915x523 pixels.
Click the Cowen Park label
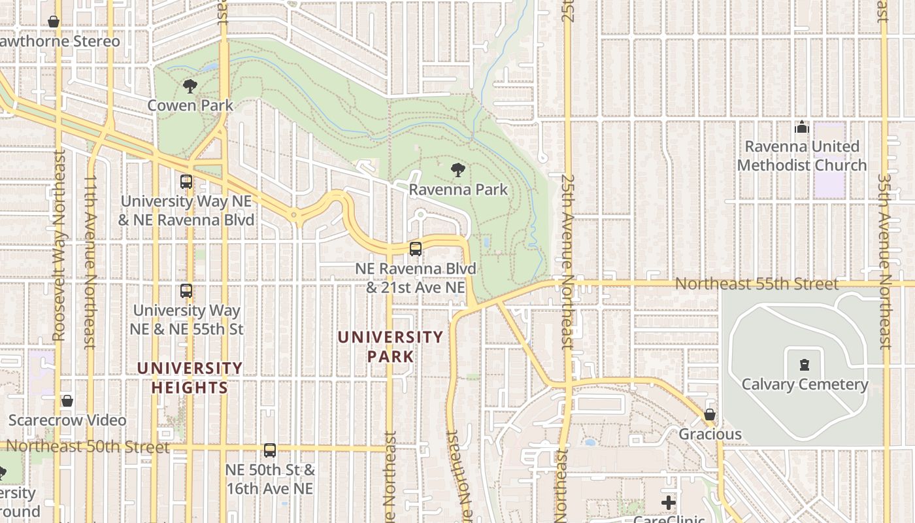point(190,105)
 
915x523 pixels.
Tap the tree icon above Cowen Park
point(190,86)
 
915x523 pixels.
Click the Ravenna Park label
point(458,190)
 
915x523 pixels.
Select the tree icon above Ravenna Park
point(458,170)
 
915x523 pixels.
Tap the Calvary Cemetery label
point(805,384)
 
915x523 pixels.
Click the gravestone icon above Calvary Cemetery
point(805,364)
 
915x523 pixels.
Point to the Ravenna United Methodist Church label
point(802,156)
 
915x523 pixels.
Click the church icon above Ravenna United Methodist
point(802,127)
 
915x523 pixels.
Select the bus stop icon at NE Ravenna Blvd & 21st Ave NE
point(416,248)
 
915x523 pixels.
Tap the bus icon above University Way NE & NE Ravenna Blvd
point(186,182)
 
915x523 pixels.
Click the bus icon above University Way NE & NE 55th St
point(186,290)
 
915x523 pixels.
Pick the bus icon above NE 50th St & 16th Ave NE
point(270,450)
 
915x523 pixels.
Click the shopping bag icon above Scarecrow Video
point(67,401)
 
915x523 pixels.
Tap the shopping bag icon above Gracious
point(710,414)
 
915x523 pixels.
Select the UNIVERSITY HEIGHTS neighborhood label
point(190,378)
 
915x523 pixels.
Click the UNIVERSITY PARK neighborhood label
point(390,346)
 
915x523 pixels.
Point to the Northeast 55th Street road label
point(756,284)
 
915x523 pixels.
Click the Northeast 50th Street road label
point(88,447)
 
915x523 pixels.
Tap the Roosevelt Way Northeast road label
point(59,246)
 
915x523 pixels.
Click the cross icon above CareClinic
point(668,503)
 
